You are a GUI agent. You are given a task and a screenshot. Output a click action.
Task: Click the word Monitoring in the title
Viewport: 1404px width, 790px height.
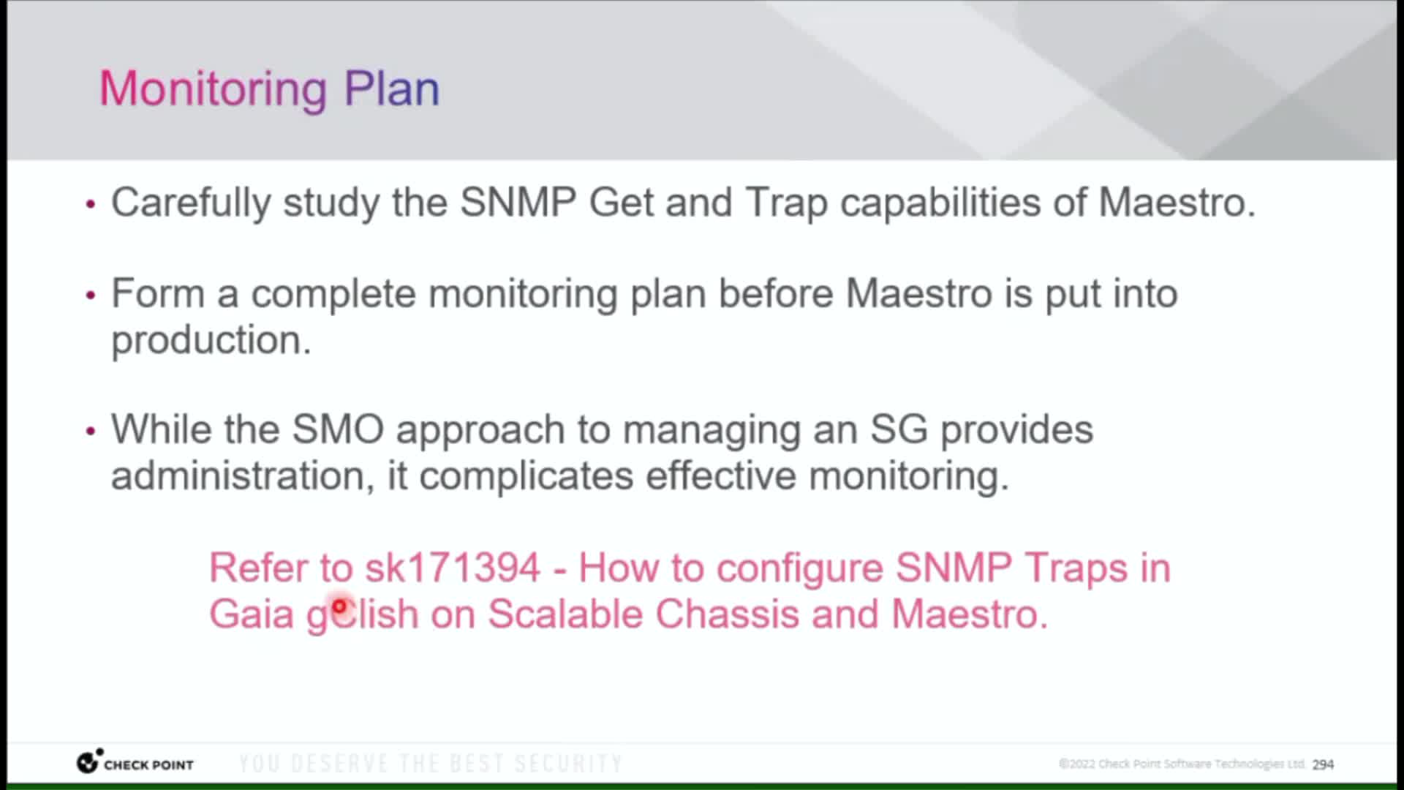click(x=213, y=90)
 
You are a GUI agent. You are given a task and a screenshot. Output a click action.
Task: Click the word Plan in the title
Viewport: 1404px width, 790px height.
click(x=392, y=89)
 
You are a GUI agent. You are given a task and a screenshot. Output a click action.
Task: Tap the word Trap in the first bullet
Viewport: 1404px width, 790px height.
click(x=786, y=203)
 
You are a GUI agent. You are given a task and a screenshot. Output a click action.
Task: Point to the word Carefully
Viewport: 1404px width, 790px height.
click(x=191, y=203)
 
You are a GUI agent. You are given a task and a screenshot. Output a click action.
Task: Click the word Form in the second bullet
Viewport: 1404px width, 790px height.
click(x=158, y=294)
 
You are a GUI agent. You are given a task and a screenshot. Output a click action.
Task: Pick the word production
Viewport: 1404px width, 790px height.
click(x=211, y=341)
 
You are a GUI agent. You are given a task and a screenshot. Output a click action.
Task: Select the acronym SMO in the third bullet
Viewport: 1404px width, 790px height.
click(x=338, y=429)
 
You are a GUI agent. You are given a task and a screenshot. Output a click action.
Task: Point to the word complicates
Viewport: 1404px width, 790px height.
click(x=526, y=477)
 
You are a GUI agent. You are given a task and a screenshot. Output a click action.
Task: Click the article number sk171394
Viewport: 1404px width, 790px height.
click(x=453, y=568)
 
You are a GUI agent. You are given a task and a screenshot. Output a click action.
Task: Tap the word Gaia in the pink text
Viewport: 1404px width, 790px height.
click(x=252, y=614)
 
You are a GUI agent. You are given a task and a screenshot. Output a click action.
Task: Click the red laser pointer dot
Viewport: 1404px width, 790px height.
click(x=339, y=606)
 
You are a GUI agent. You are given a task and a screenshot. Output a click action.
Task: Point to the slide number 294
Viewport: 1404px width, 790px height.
click(x=1323, y=764)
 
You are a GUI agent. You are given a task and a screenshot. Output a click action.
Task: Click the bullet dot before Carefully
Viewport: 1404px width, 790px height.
click(x=91, y=205)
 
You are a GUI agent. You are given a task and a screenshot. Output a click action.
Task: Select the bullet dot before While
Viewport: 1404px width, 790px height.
click(x=91, y=432)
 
